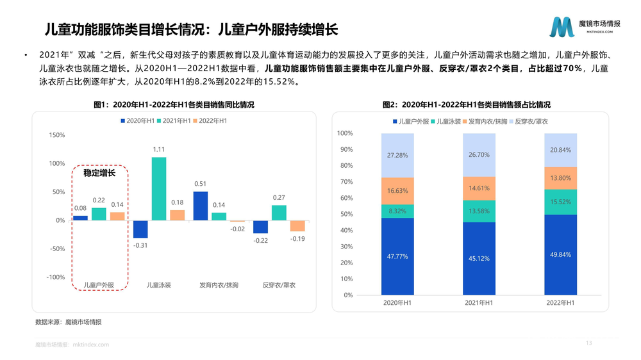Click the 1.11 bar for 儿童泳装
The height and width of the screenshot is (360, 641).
coord(159,188)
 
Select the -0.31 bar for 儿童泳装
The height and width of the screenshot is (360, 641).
coord(140,229)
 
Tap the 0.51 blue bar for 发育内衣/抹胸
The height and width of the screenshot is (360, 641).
coord(201,206)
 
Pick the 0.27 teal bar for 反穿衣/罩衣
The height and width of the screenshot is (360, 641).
coord(279,213)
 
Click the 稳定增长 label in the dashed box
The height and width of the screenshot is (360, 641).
coord(99,173)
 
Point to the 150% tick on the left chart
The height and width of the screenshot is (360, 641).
coord(56,135)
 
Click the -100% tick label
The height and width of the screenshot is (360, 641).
coord(55,277)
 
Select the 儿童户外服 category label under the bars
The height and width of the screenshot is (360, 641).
coord(99,285)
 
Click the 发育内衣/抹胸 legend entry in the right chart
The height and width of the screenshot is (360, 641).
coord(488,121)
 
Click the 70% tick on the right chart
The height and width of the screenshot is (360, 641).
coord(345,182)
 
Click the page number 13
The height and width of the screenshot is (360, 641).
coord(588,344)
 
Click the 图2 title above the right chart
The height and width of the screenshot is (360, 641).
coord(466,104)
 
